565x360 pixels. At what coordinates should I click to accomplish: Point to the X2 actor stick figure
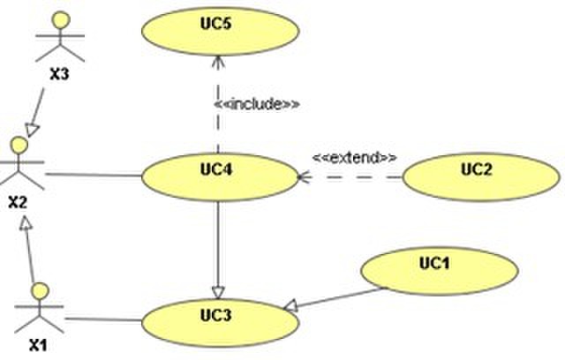click(17, 164)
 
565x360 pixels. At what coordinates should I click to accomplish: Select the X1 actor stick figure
click(38, 310)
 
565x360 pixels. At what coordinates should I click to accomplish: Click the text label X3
click(59, 74)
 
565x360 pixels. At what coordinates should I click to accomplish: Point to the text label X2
click(17, 202)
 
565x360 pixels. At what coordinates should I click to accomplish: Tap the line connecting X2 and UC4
click(92, 174)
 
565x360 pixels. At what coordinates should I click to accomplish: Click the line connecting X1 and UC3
click(102, 319)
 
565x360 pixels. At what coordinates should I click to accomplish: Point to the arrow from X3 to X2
click(42, 114)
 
